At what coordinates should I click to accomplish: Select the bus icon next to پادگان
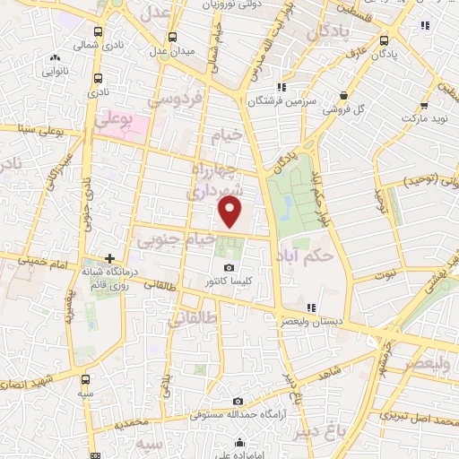(x=385, y=39)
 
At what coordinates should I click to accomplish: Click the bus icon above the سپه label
(x=86, y=379)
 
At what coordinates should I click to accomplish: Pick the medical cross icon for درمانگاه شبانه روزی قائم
(x=109, y=258)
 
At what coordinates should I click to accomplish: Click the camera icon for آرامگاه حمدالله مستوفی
(x=238, y=402)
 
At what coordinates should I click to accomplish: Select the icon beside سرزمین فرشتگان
(x=281, y=88)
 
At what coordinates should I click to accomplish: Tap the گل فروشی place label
(x=377, y=108)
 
